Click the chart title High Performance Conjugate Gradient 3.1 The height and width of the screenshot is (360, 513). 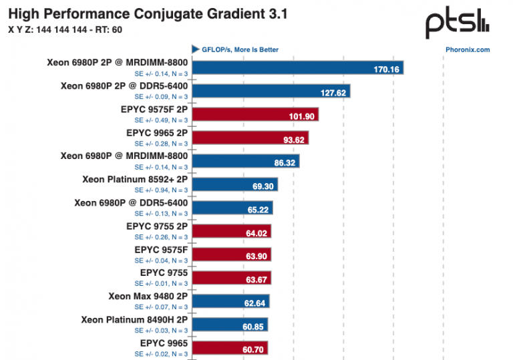pos(148,14)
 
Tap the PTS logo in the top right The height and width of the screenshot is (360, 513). pos(458,24)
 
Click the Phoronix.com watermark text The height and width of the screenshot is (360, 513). pos(468,49)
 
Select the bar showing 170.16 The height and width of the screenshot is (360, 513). pos(298,68)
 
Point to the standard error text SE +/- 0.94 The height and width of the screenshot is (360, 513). pos(161,190)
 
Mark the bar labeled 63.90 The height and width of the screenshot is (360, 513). pos(230,255)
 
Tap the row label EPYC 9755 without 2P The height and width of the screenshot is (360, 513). pos(164,273)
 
